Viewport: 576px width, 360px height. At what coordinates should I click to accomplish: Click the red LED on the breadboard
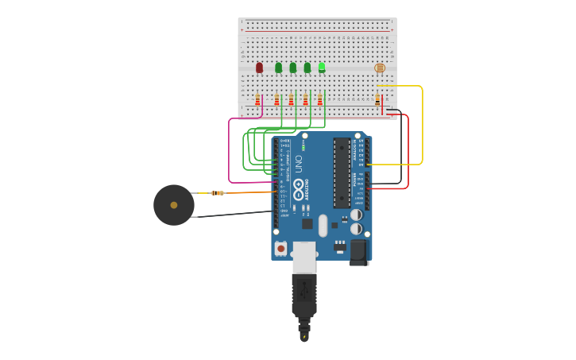(x=259, y=68)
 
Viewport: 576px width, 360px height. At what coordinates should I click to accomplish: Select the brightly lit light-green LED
(x=322, y=68)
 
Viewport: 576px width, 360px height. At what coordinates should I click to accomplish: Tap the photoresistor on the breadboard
(x=380, y=68)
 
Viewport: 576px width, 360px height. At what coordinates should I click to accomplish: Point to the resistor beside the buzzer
(x=217, y=193)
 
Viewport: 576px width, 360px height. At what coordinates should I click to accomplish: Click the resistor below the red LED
(x=257, y=100)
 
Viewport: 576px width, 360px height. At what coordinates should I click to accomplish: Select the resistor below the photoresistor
(x=377, y=100)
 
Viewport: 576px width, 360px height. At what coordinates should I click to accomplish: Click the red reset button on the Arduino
(x=280, y=248)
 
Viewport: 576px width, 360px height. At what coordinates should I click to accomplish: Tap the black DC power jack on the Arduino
(x=359, y=252)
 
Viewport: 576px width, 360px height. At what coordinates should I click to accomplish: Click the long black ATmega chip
(x=342, y=172)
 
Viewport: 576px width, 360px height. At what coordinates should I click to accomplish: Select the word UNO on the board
(x=299, y=164)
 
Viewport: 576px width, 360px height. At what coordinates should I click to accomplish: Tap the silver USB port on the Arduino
(x=304, y=256)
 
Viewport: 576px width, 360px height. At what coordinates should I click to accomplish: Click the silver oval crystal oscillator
(x=323, y=225)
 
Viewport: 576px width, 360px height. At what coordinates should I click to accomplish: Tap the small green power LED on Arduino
(x=303, y=145)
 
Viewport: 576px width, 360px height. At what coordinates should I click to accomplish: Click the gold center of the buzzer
(x=174, y=205)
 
